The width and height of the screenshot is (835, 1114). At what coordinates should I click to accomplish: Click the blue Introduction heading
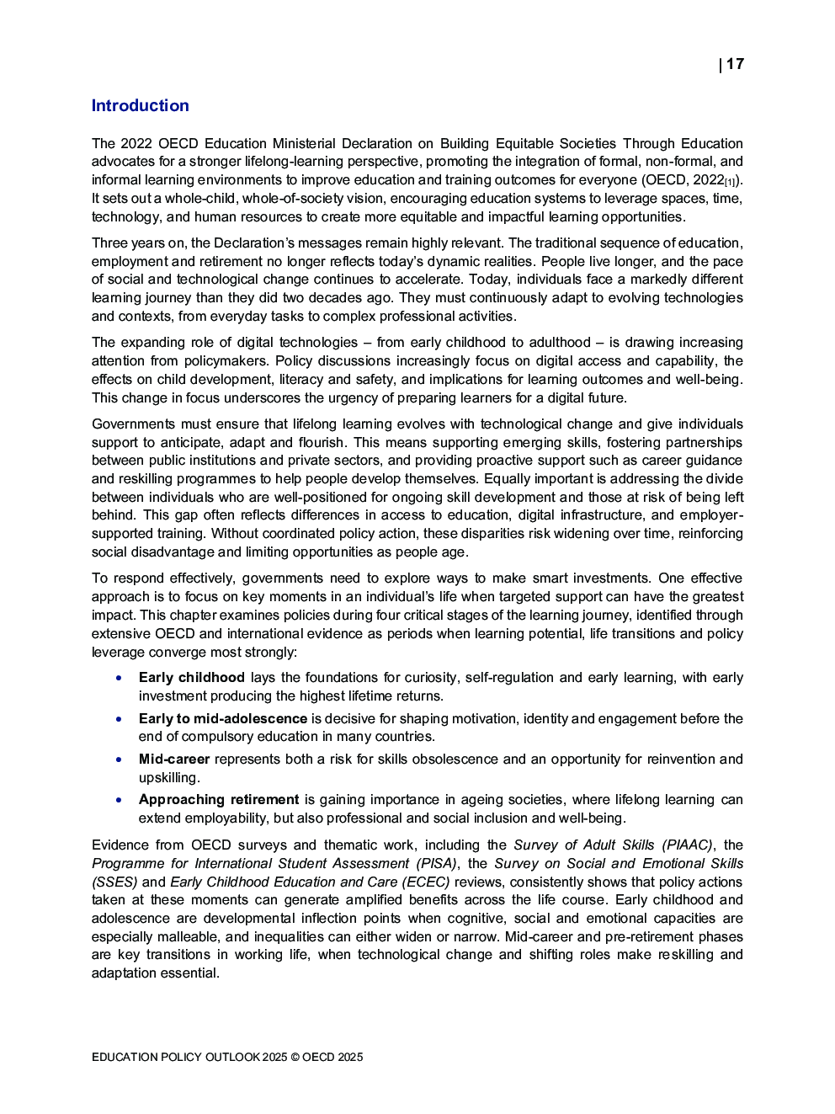click(140, 105)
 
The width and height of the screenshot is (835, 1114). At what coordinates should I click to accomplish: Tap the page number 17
click(735, 64)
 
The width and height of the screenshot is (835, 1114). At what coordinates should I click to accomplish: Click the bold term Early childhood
click(191, 677)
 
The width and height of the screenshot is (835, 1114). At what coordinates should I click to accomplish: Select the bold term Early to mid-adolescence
click(223, 718)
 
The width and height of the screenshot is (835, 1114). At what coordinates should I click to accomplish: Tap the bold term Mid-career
click(173, 759)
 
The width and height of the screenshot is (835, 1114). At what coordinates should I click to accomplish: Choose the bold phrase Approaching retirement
click(219, 799)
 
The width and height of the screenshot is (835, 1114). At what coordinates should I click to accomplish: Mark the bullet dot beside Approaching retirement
click(120, 800)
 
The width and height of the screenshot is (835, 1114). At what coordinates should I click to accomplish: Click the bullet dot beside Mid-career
click(120, 760)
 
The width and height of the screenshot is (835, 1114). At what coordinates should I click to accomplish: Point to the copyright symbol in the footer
click(295, 1057)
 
